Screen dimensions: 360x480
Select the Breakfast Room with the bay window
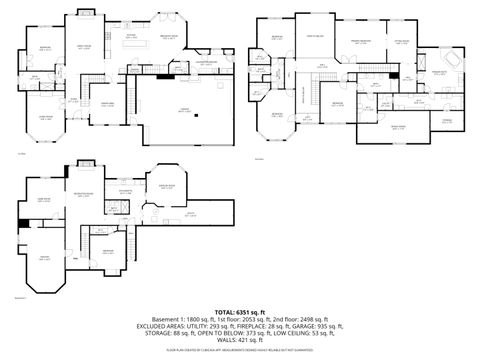[169, 37]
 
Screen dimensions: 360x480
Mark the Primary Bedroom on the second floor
[360, 42]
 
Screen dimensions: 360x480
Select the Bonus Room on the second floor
[397, 127]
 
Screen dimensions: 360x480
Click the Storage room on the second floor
[447, 120]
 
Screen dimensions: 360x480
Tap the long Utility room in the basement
[189, 214]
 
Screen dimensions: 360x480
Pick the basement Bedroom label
[107, 251]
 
